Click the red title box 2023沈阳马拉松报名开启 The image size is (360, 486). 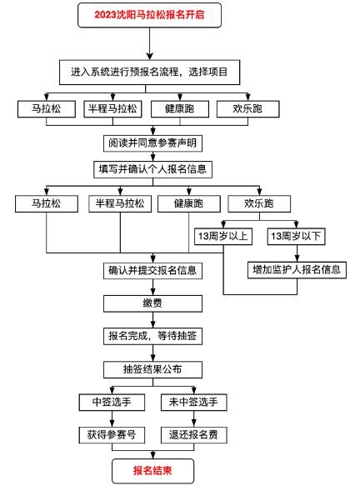(150, 15)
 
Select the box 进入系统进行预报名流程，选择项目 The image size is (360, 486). (150, 73)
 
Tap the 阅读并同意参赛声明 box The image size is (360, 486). (152, 143)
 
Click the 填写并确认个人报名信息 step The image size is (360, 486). (152, 169)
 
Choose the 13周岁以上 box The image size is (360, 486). (223, 237)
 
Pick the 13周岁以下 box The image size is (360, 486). (296, 237)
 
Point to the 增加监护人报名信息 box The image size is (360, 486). (297, 270)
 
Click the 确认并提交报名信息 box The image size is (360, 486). (152, 271)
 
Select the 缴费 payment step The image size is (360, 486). (152, 303)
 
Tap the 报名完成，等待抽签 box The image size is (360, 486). (152, 336)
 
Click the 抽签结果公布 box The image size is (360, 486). (152, 369)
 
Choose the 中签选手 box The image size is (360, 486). (112, 403)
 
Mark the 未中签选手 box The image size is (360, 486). (194, 403)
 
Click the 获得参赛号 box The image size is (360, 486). (112, 435)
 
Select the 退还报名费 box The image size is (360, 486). (194, 435)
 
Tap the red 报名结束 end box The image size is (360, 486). (152, 471)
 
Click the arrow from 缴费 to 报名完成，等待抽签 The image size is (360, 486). (152, 320)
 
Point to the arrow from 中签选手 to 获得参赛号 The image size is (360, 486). (112, 418)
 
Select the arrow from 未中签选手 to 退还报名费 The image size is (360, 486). (194, 418)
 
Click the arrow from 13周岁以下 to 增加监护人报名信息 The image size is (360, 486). (297, 253)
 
